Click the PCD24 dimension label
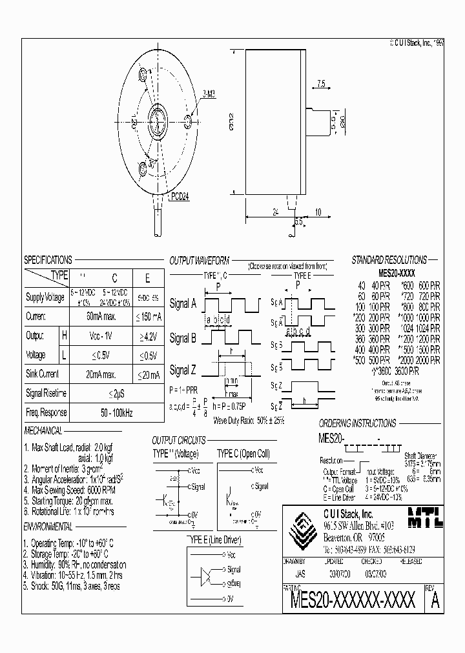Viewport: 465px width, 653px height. point(182,198)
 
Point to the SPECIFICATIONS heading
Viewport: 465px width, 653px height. point(48,260)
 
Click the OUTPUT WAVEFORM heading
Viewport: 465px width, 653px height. point(199,261)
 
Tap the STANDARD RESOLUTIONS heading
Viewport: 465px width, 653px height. point(388,260)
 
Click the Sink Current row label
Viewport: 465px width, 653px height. point(43,374)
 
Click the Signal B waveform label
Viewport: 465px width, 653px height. point(183,337)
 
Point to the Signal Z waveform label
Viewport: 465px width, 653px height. point(183,370)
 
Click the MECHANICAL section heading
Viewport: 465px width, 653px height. point(43,431)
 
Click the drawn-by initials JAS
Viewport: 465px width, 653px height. point(301,572)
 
